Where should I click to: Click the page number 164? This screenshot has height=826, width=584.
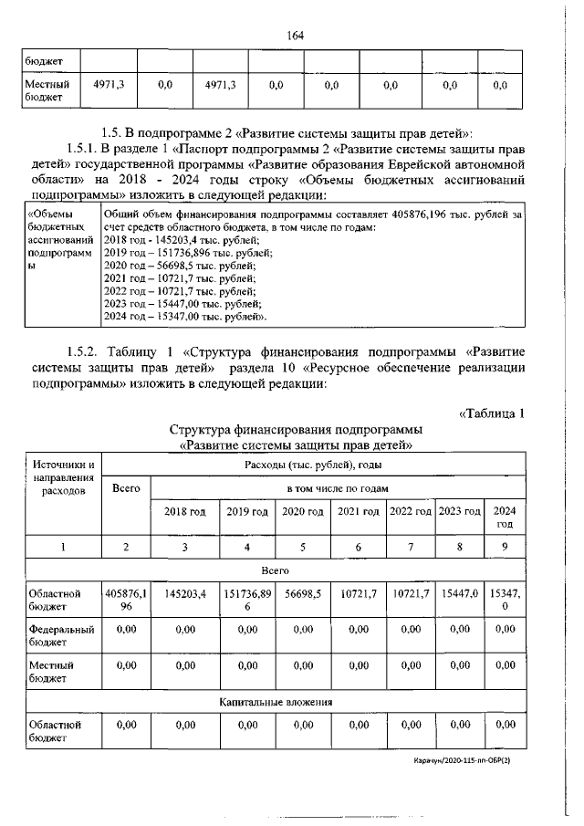pyautogui.click(x=294, y=36)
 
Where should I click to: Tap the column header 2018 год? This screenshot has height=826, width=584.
pyautogui.click(x=184, y=512)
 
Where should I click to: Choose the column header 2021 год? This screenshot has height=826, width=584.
pyautogui.click(x=359, y=512)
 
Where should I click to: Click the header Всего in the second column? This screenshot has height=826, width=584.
pyautogui.click(x=125, y=488)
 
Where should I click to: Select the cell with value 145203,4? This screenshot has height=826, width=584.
pyautogui.click(x=184, y=593)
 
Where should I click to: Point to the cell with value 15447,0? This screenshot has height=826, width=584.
pyautogui.click(x=459, y=593)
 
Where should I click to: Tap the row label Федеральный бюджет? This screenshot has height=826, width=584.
pyautogui.click(x=60, y=635)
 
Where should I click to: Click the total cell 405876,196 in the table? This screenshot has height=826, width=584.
pyautogui.click(x=125, y=600)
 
